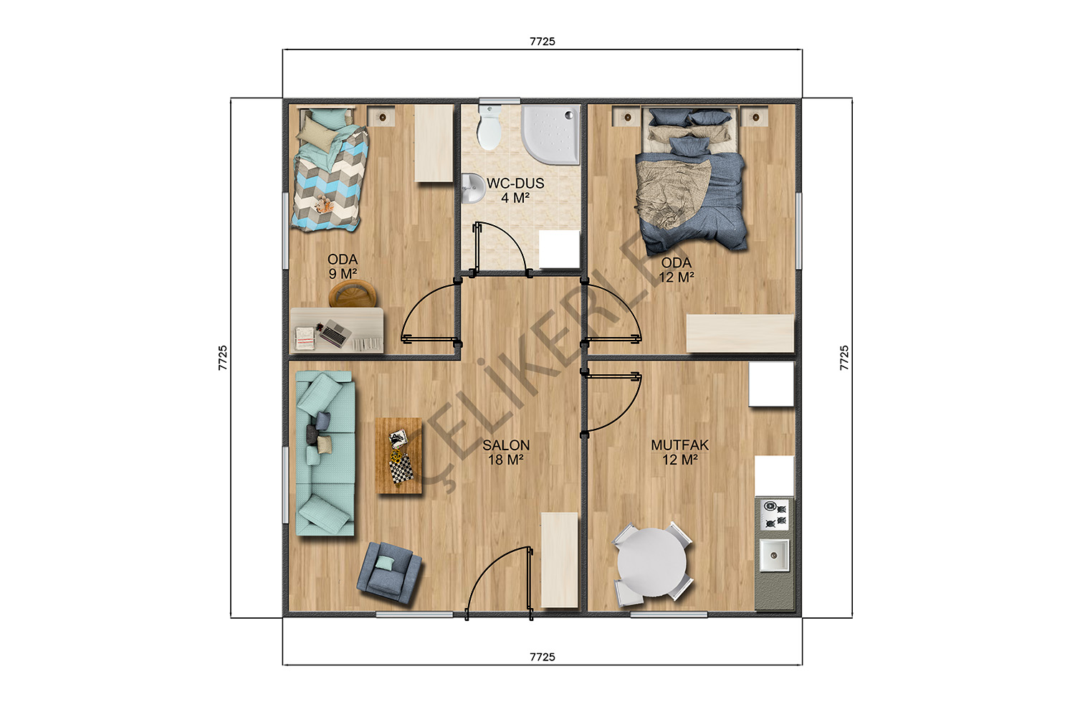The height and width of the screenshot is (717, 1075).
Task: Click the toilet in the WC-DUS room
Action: click(x=489, y=127)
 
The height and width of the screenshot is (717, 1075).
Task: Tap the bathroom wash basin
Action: click(x=474, y=188)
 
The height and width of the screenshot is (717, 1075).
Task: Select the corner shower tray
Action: click(x=551, y=135)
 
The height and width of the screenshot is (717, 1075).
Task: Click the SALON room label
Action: click(x=506, y=452)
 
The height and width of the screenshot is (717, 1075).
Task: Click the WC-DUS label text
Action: click(x=515, y=184)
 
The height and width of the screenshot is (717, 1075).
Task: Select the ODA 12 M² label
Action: click(x=677, y=270)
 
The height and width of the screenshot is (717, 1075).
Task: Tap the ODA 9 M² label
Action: click(x=343, y=267)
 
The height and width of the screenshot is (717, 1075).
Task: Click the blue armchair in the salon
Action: click(x=389, y=572)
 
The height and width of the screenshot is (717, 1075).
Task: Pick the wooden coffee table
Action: click(x=398, y=456)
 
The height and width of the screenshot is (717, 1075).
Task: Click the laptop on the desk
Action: click(x=335, y=333)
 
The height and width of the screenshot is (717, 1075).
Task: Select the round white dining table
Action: click(x=651, y=562)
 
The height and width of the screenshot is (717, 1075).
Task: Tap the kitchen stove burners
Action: click(x=775, y=514)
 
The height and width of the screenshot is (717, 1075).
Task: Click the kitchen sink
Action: click(x=774, y=555)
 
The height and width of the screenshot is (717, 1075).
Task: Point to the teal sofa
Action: click(x=325, y=453)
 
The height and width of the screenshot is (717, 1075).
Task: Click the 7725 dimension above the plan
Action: click(x=543, y=42)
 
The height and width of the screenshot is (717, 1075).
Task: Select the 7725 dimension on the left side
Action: click(x=223, y=358)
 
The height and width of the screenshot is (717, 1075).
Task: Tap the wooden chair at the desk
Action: click(x=353, y=293)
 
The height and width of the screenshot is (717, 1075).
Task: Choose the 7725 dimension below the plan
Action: click(x=543, y=657)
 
